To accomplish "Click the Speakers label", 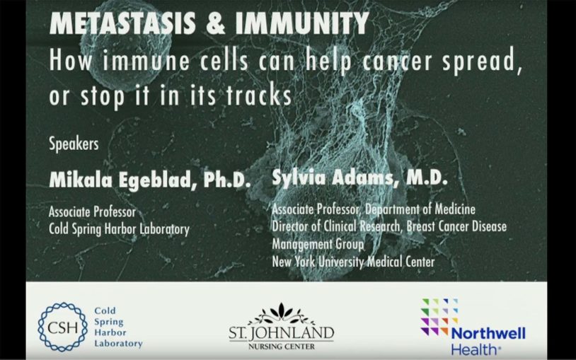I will click(x=73, y=144).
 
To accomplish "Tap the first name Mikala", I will click(x=77, y=180).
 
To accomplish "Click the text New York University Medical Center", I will click(x=353, y=262).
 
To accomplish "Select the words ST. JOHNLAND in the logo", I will click(x=280, y=332).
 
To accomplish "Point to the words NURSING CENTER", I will click(x=280, y=347).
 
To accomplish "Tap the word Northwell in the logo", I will click(x=488, y=334).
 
